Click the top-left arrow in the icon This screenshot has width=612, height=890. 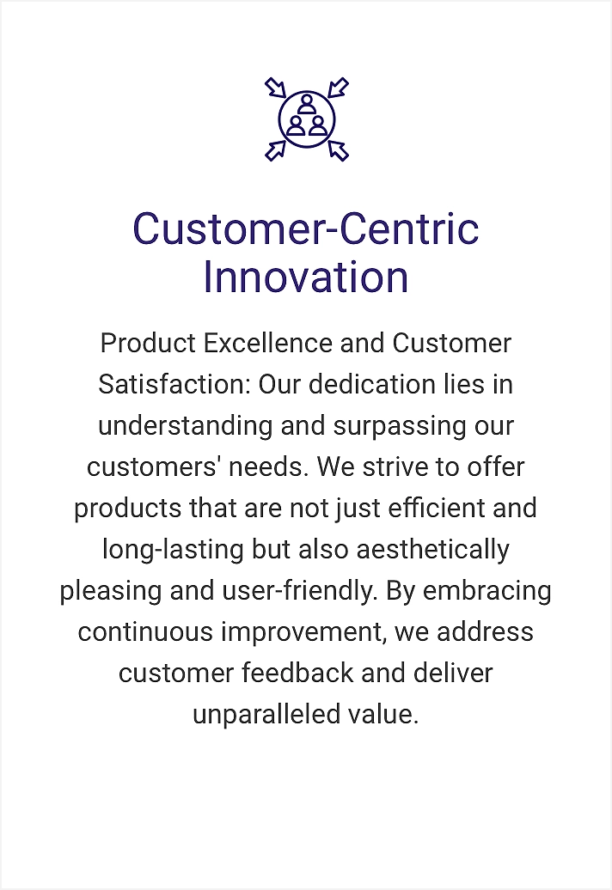coord(275,88)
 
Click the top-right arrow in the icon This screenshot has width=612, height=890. coord(339,88)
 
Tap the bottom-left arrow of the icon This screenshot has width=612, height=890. coord(275,151)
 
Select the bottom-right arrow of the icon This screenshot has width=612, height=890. coord(339,151)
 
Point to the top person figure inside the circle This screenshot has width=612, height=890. coord(307,105)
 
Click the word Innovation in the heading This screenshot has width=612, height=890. coord(306,277)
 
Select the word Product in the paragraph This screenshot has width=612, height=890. coord(148,343)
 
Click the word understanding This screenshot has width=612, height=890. coord(186,426)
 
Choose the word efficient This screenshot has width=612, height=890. coord(437,508)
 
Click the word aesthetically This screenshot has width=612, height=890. coord(432,550)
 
